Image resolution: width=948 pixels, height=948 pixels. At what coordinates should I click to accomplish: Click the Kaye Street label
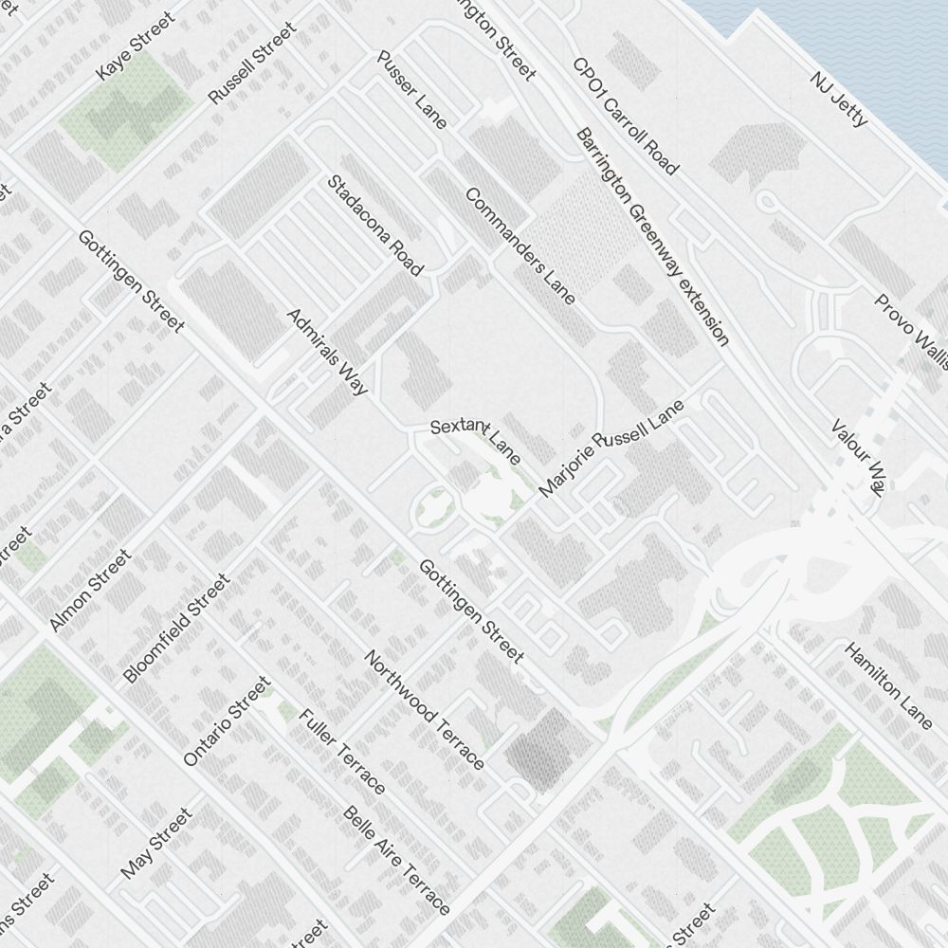[137, 46]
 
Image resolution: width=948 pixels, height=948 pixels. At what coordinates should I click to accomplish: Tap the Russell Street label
[252, 63]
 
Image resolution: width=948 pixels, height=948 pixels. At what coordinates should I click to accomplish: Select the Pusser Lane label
[411, 89]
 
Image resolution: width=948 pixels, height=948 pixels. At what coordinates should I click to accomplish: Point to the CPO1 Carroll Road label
[626, 117]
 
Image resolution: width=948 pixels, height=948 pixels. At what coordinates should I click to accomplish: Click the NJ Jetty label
[839, 99]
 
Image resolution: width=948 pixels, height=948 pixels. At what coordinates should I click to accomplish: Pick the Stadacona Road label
[375, 225]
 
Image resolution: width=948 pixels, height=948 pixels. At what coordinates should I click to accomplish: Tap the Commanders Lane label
[520, 246]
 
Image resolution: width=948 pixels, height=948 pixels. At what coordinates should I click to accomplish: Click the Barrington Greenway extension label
[652, 236]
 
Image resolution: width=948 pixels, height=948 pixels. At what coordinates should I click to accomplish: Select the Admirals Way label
[326, 351]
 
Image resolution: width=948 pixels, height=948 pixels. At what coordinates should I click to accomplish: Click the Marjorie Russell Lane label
[611, 448]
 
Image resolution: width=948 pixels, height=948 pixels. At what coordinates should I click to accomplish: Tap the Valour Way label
[857, 457]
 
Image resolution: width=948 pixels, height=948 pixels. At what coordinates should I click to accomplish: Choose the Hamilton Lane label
[888, 686]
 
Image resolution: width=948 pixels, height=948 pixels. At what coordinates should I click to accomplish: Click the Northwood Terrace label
[425, 709]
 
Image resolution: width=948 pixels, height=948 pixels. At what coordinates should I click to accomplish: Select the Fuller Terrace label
[342, 751]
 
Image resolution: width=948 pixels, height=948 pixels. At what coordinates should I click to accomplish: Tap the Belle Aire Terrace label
[396, 858]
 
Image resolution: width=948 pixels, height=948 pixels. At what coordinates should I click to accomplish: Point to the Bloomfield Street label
[176, 628]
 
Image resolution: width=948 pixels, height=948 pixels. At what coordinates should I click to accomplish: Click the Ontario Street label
[227, 721]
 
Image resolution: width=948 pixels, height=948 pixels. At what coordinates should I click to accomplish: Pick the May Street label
[156, 843]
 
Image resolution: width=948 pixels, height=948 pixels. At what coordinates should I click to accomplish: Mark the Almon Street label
[89, 591]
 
